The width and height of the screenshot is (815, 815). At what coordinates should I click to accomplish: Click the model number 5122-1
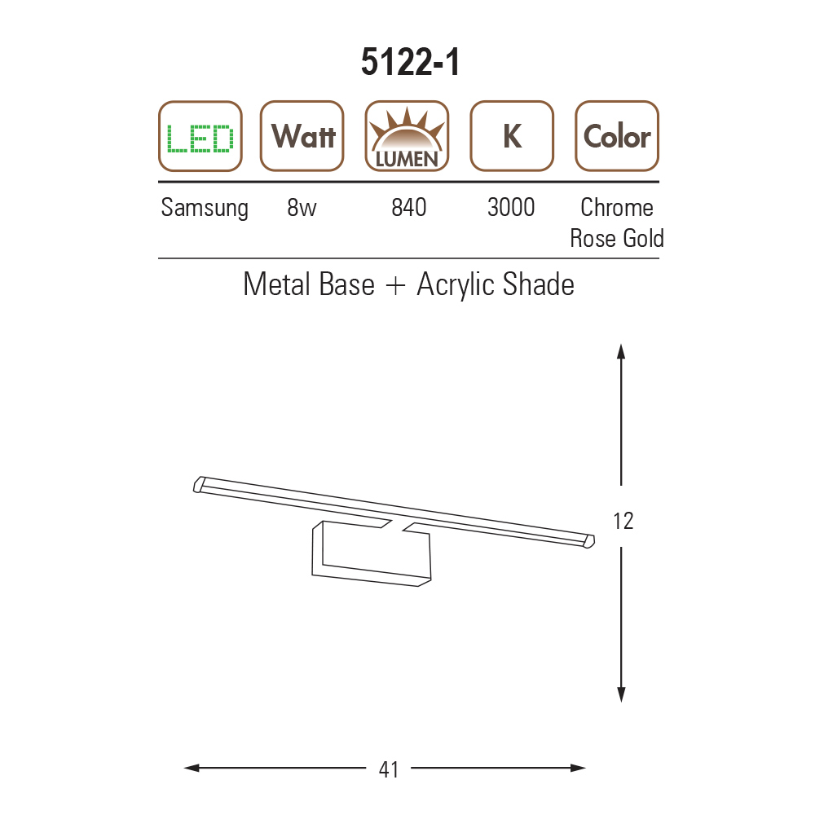410,62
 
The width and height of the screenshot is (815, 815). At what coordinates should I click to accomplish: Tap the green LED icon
200,137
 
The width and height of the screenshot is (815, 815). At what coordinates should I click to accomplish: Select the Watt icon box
302,136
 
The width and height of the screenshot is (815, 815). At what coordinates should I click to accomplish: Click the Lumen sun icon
407,136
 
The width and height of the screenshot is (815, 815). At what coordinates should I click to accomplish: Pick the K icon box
512,136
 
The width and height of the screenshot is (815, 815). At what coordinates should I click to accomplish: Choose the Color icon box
617,136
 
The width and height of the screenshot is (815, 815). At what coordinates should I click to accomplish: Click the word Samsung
205,208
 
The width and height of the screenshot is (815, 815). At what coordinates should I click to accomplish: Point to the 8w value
302,207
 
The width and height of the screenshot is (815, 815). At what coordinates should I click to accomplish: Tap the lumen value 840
409,207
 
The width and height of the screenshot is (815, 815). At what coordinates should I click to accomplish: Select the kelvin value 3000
511,207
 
